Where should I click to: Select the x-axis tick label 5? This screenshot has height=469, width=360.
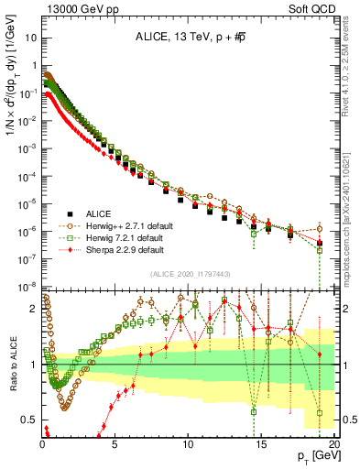coord(115,443)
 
